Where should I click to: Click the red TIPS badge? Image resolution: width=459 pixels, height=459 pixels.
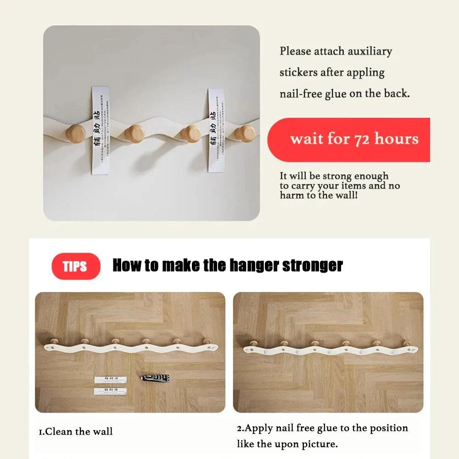75,266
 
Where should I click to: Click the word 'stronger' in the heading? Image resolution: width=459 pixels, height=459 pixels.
313,265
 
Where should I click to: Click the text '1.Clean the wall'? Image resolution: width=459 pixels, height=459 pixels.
75,431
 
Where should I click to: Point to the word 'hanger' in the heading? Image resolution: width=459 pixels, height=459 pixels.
251,265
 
